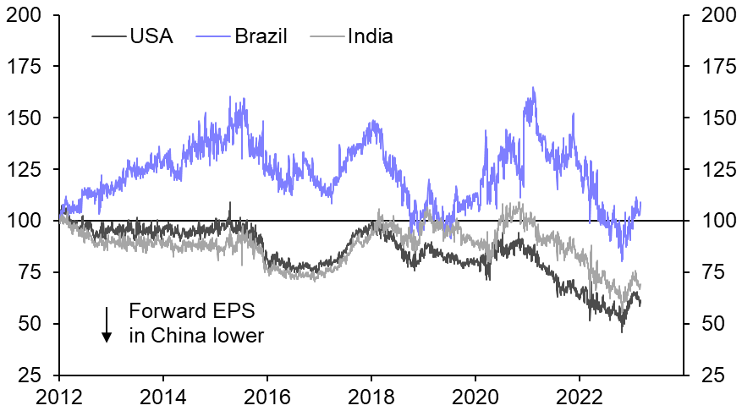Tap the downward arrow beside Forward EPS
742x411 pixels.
click(x=107, y=324)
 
